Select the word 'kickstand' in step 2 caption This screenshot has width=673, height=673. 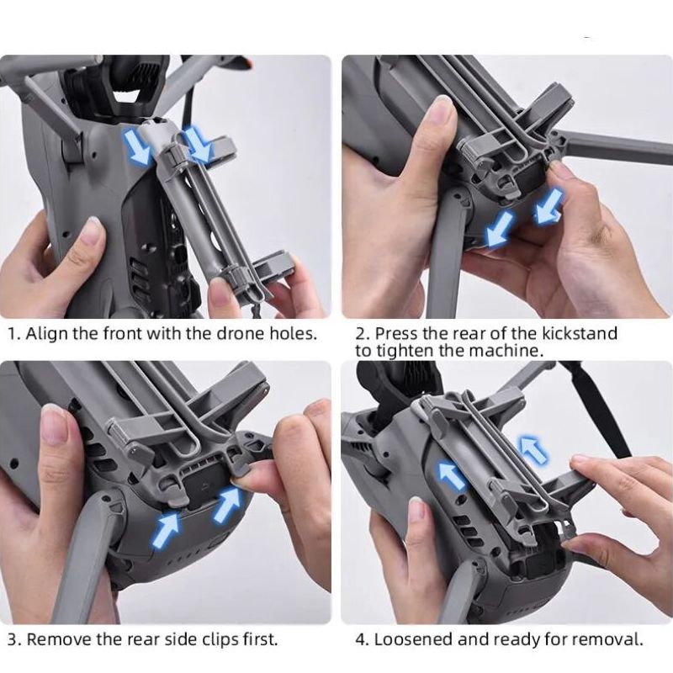tap(579, 333)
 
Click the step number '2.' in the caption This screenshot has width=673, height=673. tap(363, 333)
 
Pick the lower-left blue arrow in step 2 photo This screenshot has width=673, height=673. tap(499, 229)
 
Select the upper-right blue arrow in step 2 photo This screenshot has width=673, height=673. tap(548, 206)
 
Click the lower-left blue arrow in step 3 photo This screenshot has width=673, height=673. tap(166, 531)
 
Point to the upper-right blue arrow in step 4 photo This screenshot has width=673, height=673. tap(533, 449)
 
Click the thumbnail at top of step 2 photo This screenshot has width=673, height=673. tap(442, 108)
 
